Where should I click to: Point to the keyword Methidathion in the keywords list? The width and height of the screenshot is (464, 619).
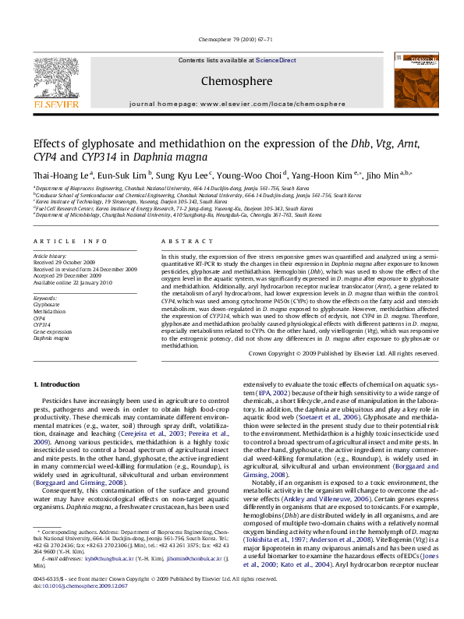click(x=48, y=311)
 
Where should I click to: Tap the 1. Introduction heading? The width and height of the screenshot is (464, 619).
click(x=58, y=385)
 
